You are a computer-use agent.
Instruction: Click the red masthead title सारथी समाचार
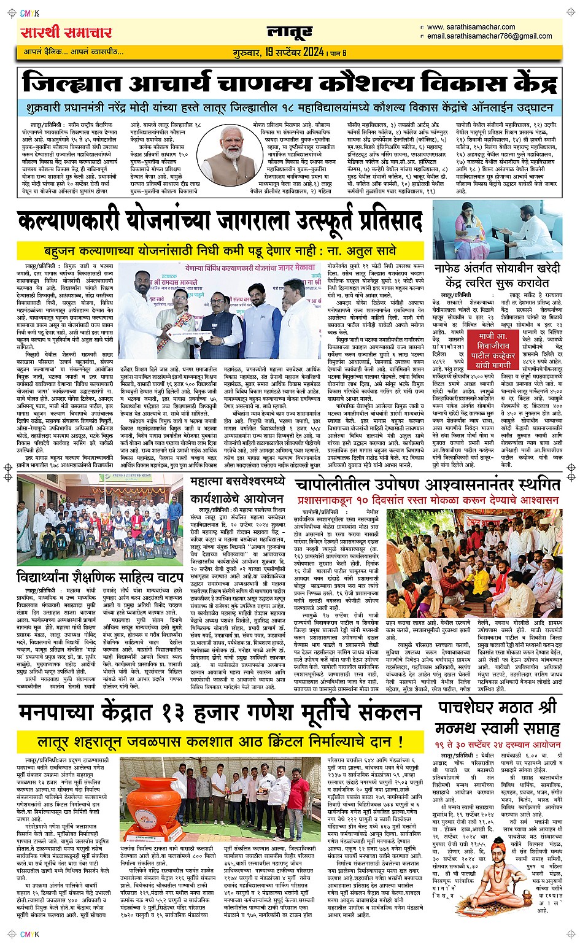point(66,33)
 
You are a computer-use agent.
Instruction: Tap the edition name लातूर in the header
point(290,32)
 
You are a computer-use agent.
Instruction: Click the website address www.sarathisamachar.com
point(471,27)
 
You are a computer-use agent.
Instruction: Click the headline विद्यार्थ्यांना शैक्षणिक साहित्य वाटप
point(100,578)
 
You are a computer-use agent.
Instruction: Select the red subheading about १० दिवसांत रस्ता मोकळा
point(428,501)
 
